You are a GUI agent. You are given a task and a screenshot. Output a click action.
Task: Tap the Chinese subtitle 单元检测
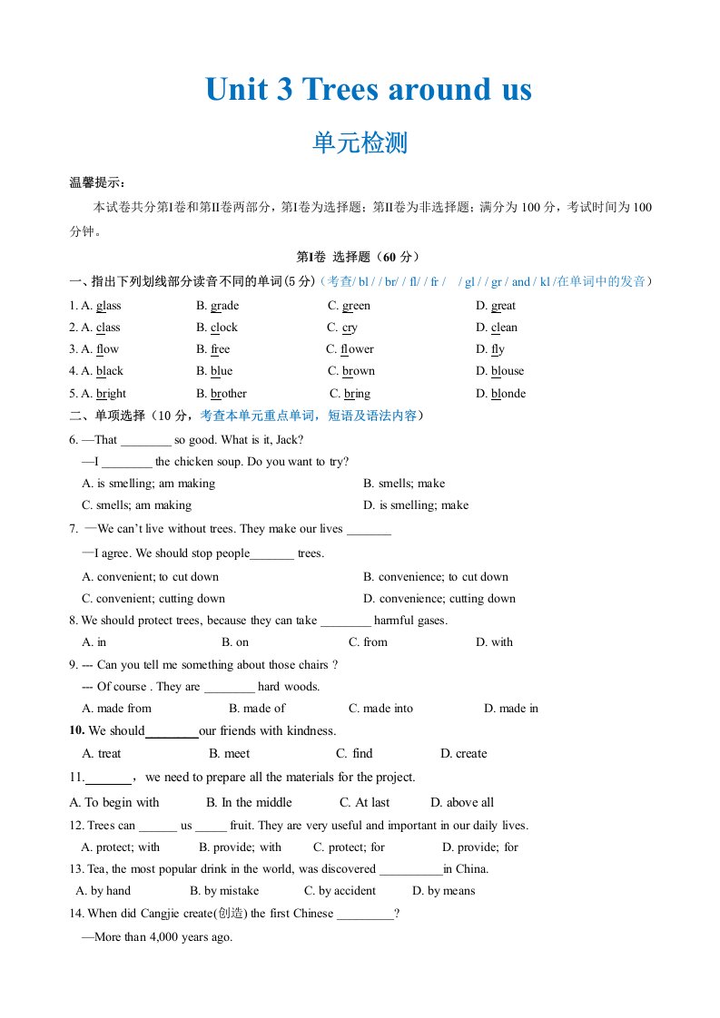point(360,143)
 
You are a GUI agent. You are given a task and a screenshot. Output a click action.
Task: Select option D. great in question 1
point(496,306)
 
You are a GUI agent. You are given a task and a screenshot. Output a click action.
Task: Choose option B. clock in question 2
point(217,328)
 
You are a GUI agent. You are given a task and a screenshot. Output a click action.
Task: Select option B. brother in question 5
point(222,394)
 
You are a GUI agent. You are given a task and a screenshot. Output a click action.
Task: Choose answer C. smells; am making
point(137,505)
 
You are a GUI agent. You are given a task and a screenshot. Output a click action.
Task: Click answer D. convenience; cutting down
point(439,599)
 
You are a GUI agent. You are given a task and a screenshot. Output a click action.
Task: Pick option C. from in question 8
point(368,642)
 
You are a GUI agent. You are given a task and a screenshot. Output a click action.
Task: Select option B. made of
point(257,709)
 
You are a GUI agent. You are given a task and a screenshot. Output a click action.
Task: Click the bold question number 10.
point(76,730)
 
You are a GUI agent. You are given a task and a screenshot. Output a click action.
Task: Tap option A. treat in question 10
point(102,754)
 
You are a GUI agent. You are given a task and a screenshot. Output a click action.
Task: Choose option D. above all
point(462,802)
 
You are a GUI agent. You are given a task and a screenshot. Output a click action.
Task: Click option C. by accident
point(340,891)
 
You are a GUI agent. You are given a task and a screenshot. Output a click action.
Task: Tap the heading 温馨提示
point(98,182)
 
